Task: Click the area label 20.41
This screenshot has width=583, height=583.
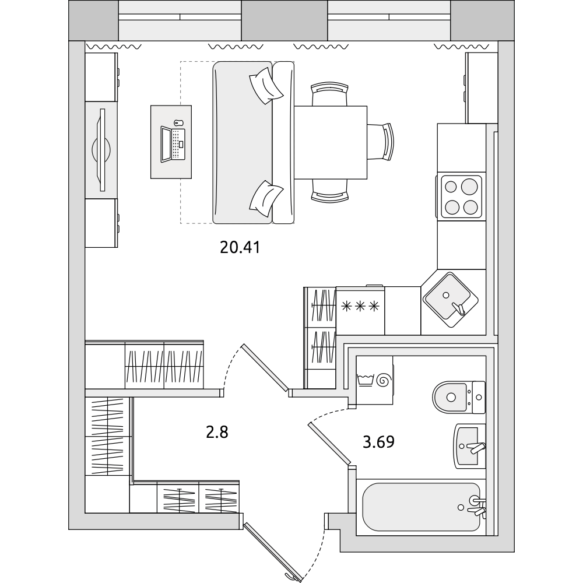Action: pyautogui.click(x=240, y=247)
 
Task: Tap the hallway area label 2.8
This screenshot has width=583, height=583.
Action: pyautogui.click(x=217, y=433)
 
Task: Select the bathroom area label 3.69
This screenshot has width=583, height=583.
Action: pyautogui.click(x=378, y=442)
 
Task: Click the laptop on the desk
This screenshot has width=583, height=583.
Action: pyautogui.click(x=173, y=144)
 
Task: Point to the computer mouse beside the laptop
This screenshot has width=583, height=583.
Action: pyautogui.click(x=178, y=122)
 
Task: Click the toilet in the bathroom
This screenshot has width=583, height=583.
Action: pyautogui.click(x=459, y=397)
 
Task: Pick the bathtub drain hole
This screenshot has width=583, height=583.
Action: pyautogui.click(x=461, y=507)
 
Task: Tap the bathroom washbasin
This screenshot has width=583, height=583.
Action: pyautogui.click(x=469, y=446)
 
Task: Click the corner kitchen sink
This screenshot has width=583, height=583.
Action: pyautogui.click(x=451, y=300)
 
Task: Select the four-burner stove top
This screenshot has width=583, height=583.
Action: pyautogui.click(x=461, y=196)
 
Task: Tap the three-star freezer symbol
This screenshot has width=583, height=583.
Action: pyautogui.click(x=360, y=307)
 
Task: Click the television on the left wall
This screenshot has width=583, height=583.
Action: pyautogui.click(x=101, y=150)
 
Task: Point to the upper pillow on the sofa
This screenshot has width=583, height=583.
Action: pyautogui.click(x=266, y=86)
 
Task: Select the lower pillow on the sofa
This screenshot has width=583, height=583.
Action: pyautogui.click(x=266, y=199)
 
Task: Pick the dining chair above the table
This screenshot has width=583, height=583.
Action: pyautogui.click(x=329, y=94)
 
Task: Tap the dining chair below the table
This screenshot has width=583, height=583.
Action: pyautogui.click(x=329, y=191)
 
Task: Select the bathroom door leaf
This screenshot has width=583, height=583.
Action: pyautogui.click(x=329, y=444)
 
